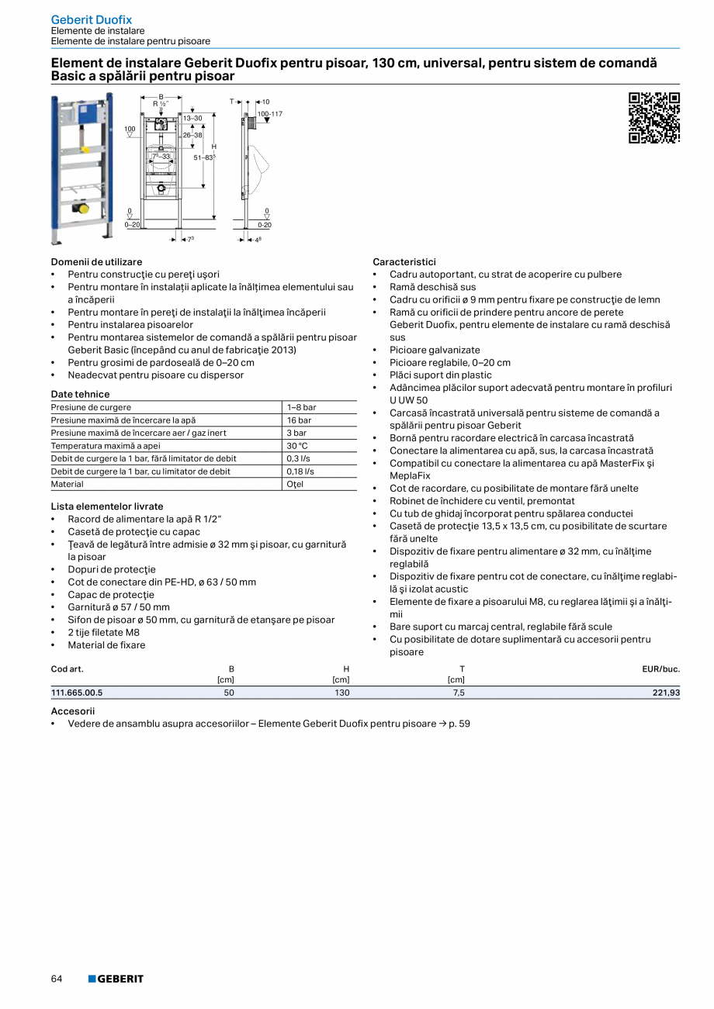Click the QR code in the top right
[x=653, y=118]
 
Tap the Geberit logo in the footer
[x=116, y=979]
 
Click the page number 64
[x=57, y=979]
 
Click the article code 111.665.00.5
[x=77, y=693]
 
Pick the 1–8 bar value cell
[x=301, y=407]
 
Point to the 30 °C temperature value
[x=297, y=446]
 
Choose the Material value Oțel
[x=295, y=484]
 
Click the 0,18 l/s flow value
[x=300, y=472]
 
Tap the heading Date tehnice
[x=81, y=394]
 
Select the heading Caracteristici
[x=404, y=262]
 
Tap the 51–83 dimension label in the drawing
[x=204, y=157]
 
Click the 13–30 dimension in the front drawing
[x=192, y=118]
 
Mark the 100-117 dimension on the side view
[x=269, y=114]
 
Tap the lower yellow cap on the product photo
[x=84, y=208]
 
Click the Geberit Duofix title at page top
[x=92, y=19]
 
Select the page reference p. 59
[x=459, y=724]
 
